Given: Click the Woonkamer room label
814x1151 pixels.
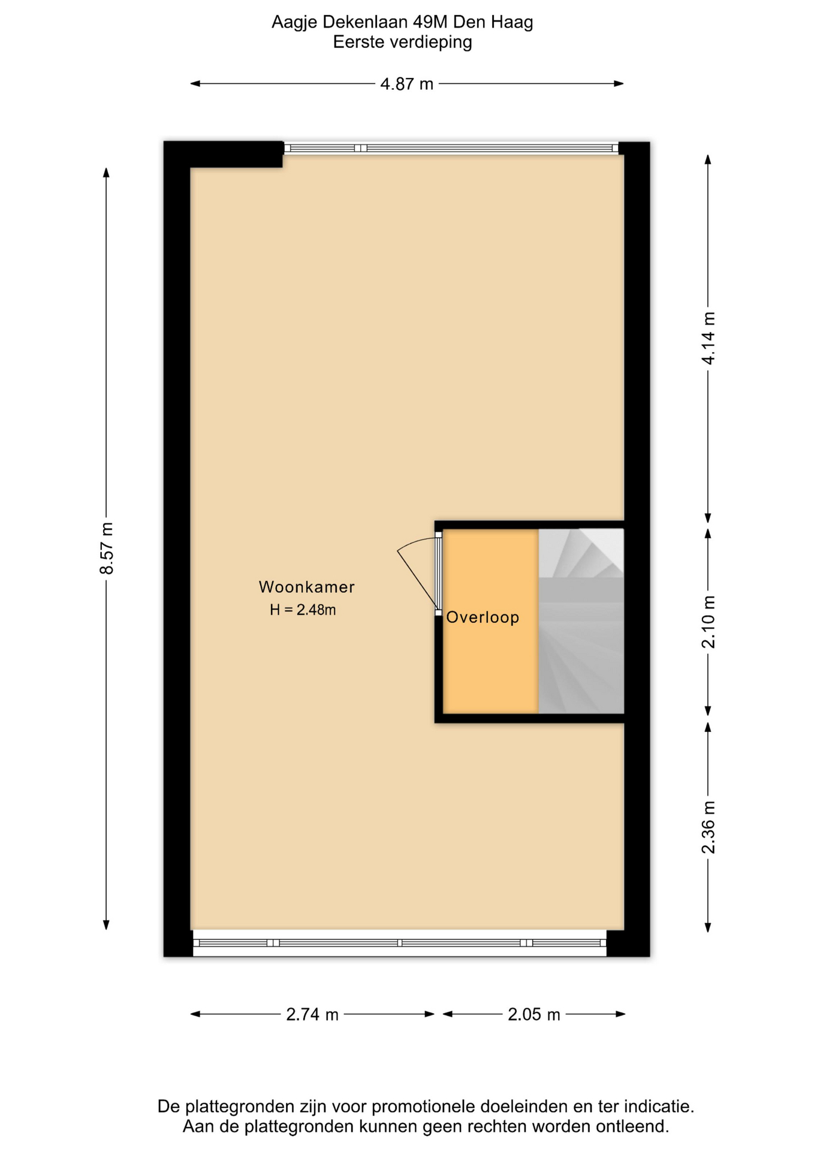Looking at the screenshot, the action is [306, 587].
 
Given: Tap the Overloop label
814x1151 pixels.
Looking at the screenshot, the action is [483, 617].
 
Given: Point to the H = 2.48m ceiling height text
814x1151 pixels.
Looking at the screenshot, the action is [303, 610].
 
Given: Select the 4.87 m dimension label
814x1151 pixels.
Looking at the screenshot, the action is [406, 84].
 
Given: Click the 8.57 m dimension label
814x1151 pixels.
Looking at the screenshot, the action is [107, 548].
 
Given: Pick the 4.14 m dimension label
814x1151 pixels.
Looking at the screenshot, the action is [709, 338].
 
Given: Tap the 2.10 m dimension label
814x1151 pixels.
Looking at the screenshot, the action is [709, 622].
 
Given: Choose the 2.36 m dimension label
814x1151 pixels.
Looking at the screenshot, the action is [709, 827].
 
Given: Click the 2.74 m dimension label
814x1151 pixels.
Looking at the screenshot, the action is [312, 1014].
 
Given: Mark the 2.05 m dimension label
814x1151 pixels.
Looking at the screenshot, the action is [534, 1014].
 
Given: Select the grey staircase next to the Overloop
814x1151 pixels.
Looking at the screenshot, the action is [581, 621].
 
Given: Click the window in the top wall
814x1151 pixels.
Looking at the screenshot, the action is [451, 148].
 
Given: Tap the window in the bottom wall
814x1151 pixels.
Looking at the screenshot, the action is [400, 942].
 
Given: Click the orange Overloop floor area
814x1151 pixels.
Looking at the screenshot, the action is [490, 621].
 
